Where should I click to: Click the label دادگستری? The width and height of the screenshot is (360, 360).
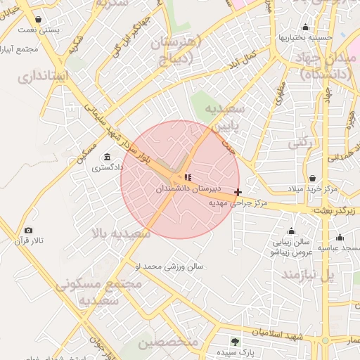tap(108, 167)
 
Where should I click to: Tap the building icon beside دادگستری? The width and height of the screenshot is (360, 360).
tap(107, 157)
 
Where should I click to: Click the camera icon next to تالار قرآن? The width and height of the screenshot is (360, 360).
tap(28, 231)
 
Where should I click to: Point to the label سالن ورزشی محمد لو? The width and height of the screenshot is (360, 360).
tap(169, 266)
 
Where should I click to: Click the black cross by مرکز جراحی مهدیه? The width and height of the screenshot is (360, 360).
tap(238, 192)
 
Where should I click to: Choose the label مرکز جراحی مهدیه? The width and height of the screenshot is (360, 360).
tap(243, 202)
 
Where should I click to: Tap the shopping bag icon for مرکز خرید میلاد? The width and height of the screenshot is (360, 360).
tap(311, 179)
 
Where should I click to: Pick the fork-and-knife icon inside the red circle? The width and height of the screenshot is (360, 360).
tap(187, 177)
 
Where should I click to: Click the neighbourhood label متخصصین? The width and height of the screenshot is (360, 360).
tap(169, 342)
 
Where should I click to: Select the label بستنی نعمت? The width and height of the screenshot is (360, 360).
tap(37, 31)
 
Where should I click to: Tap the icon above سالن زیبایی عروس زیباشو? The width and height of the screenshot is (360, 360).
tap(291, 231)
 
